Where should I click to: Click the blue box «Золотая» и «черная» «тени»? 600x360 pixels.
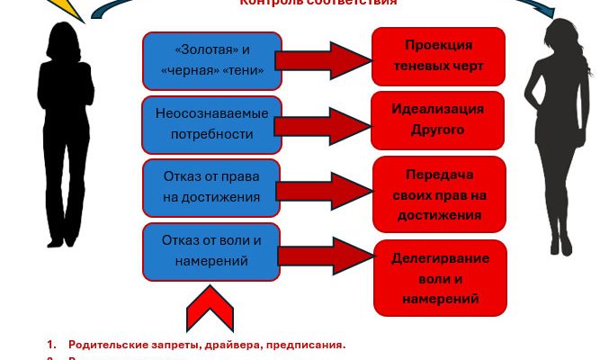click(x=212, y=59)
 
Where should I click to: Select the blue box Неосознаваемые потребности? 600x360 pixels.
click(x=212, y=123)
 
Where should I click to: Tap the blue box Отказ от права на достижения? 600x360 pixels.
click(x=212, y=186)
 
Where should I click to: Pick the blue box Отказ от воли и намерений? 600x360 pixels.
click(x=212, y=251)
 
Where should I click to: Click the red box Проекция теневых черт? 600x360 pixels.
click(x=439, y=56)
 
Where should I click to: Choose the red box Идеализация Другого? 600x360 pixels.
click(x=439, y=119)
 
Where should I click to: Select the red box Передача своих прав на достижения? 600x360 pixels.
click(x=439, y=193)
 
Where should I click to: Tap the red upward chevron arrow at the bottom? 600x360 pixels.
click(x=210, y=311)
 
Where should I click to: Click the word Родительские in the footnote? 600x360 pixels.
click(x=106, y=345)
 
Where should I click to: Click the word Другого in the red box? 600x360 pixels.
click(x=439, y=130)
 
